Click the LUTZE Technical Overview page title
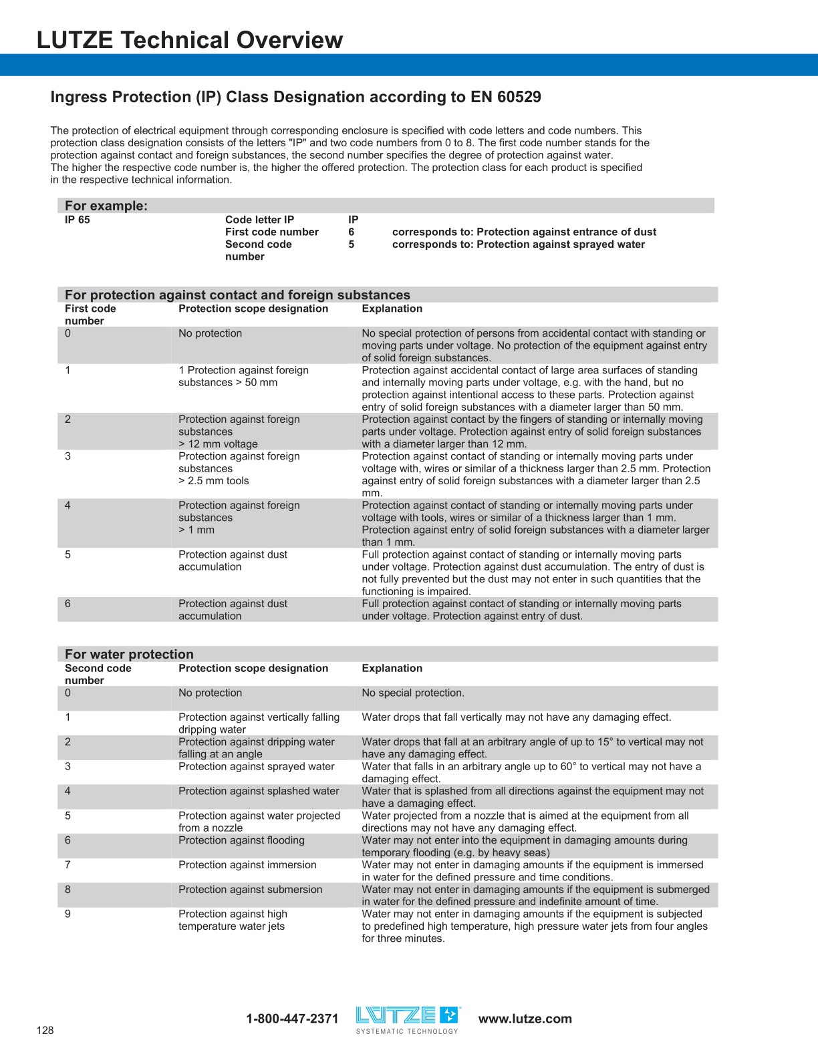(x=189, y=40)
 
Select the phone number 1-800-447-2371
(x=292, y=1019)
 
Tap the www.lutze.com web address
(x=525, y=1019)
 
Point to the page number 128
(x=45, y=1030)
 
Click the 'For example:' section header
(x=106, y=206)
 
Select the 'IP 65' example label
(x=77, y=220)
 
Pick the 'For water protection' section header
(x=129, y=655)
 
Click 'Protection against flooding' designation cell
(x=241, y=840)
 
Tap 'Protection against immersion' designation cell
(x=247, y=865)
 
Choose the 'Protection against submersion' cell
(x=250, y=890)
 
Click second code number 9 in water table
(x=67, y=914)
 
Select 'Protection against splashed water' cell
(x=259, y=791)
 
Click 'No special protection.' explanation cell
(x=412, y=693)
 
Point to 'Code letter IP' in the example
(x=259, y=220)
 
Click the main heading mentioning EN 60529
(x=295, y=97)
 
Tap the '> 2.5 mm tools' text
(x=213, y=481)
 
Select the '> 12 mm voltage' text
(x=218, y=444)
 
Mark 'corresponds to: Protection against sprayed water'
(x=518, y=244)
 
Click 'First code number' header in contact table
(x=90, y=315)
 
